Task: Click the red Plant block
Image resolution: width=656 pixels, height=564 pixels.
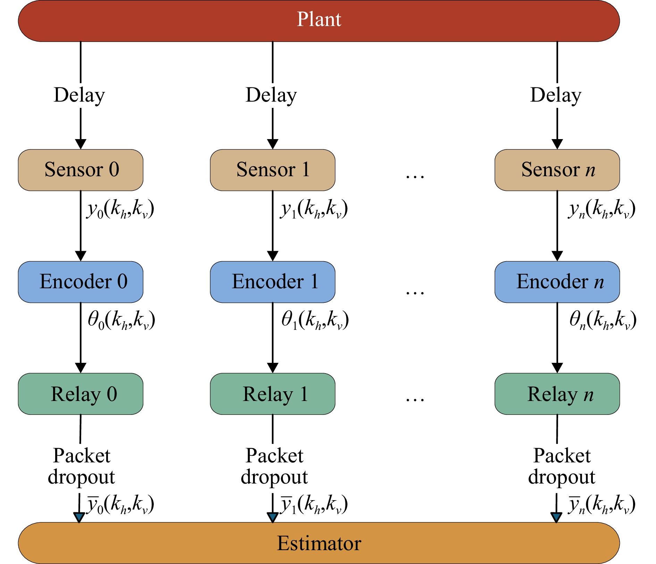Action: pos(319,21)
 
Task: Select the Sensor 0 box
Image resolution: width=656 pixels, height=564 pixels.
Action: pos(81,170)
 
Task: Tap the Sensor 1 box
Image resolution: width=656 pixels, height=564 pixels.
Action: pos(272,170)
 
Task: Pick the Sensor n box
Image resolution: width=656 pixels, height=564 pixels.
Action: pos(557,170)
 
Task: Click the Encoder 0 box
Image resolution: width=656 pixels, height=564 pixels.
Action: pos(81,282)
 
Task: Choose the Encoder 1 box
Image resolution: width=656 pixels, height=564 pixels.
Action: pos(272,282)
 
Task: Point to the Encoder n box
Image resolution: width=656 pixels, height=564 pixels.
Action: pos(557,282)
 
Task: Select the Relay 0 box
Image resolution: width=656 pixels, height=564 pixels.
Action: pos(81,394)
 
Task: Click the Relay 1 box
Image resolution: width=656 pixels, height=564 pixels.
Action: pos(272,394)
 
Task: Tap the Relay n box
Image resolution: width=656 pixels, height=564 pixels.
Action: pos(557,394)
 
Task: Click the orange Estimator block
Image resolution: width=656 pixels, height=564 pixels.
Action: pos(319,543)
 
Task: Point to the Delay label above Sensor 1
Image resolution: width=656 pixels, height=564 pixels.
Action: pos(271,95)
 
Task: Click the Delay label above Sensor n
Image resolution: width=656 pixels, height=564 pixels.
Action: pos(556,95)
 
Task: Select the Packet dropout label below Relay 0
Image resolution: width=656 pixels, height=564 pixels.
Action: pos(81,467)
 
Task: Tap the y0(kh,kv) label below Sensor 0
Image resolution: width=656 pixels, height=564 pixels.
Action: pos(120,209)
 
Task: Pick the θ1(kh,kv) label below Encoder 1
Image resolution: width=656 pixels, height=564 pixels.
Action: pos(315,320)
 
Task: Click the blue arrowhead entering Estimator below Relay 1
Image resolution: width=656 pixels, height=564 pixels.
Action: pos(272,518)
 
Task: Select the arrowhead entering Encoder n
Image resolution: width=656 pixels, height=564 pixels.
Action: pos(557,256)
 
